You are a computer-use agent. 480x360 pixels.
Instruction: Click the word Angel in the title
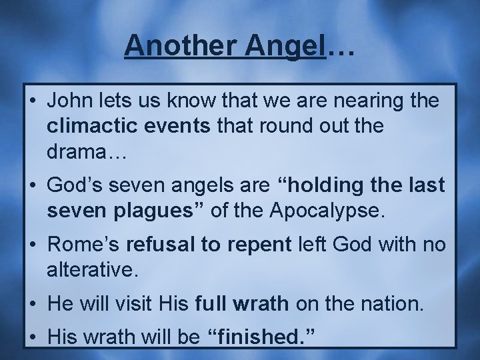pyautogui.click(x=290, y=45)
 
